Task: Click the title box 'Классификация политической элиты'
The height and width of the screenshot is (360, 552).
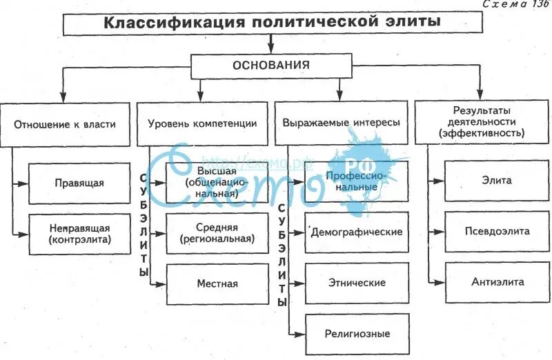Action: coord(270,23)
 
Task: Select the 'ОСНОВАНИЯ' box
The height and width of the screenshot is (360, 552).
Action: coord(270,66)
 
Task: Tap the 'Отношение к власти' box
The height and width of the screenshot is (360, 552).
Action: coord(64,125)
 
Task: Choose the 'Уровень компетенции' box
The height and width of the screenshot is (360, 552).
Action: coord(202,125)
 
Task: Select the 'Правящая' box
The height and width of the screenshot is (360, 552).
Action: coord(80,183)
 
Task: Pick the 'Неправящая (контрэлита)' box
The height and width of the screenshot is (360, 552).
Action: coord(80,234)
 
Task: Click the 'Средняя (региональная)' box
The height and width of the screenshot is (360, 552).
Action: coord(217,234)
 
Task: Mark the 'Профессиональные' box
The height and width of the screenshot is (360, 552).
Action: coord(357,181)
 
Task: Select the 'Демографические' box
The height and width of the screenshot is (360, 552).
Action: coord(357,232)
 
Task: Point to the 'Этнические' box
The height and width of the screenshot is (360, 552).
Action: coord(357,283)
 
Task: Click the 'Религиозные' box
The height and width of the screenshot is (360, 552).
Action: coord(357,334)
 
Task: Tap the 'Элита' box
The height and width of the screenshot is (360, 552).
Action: coord(497,181)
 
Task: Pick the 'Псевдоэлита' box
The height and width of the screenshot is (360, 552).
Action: coord(497,231)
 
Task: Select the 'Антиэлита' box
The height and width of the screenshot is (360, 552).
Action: coord(497,281)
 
